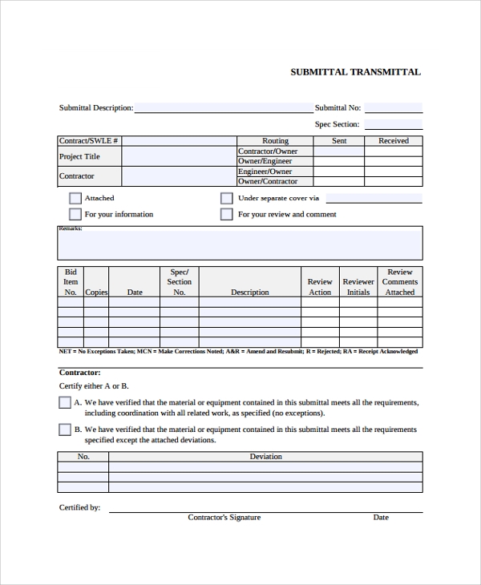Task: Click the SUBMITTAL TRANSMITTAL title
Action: click(x=355, y=72)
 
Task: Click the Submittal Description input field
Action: click(x=224, y=107)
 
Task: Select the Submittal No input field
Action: click(x=393, y=107)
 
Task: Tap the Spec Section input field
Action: click(x=393, y=124)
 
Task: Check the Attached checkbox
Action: click(x=75, y=198)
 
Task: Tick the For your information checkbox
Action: click(x=75, y=214)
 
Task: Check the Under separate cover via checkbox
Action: click(x=227, y=198)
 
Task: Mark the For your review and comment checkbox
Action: click(x=227, y=214)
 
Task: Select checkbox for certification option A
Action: click(x=65, y=403)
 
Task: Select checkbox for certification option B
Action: click(x=65, y=430)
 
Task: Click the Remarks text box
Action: click(x=240, y=244)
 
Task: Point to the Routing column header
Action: click(x=275, y=141)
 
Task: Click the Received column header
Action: click(x=394, y=141)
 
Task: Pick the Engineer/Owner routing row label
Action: click(x=265, y=171)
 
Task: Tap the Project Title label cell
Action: click(x=79, y=156)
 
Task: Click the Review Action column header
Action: click(x=320, y=287)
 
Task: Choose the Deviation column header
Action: click(x=265, y=457)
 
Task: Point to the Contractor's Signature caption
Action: click(x=224, y=518)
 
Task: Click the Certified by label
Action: click(x=79, y=507)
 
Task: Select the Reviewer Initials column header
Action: click(x=358, y=287)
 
